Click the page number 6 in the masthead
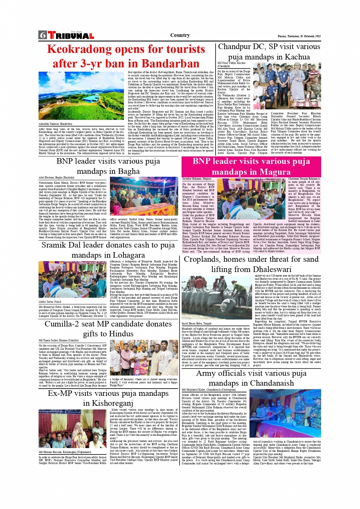pos(42,35)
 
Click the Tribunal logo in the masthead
pos(71,36)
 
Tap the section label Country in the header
pos(180,35)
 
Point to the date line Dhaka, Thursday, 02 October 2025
pos(299,36)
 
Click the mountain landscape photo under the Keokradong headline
pos(82,96)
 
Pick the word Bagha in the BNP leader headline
pos(128,171)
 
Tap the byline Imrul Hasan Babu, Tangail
pos(197,323)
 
